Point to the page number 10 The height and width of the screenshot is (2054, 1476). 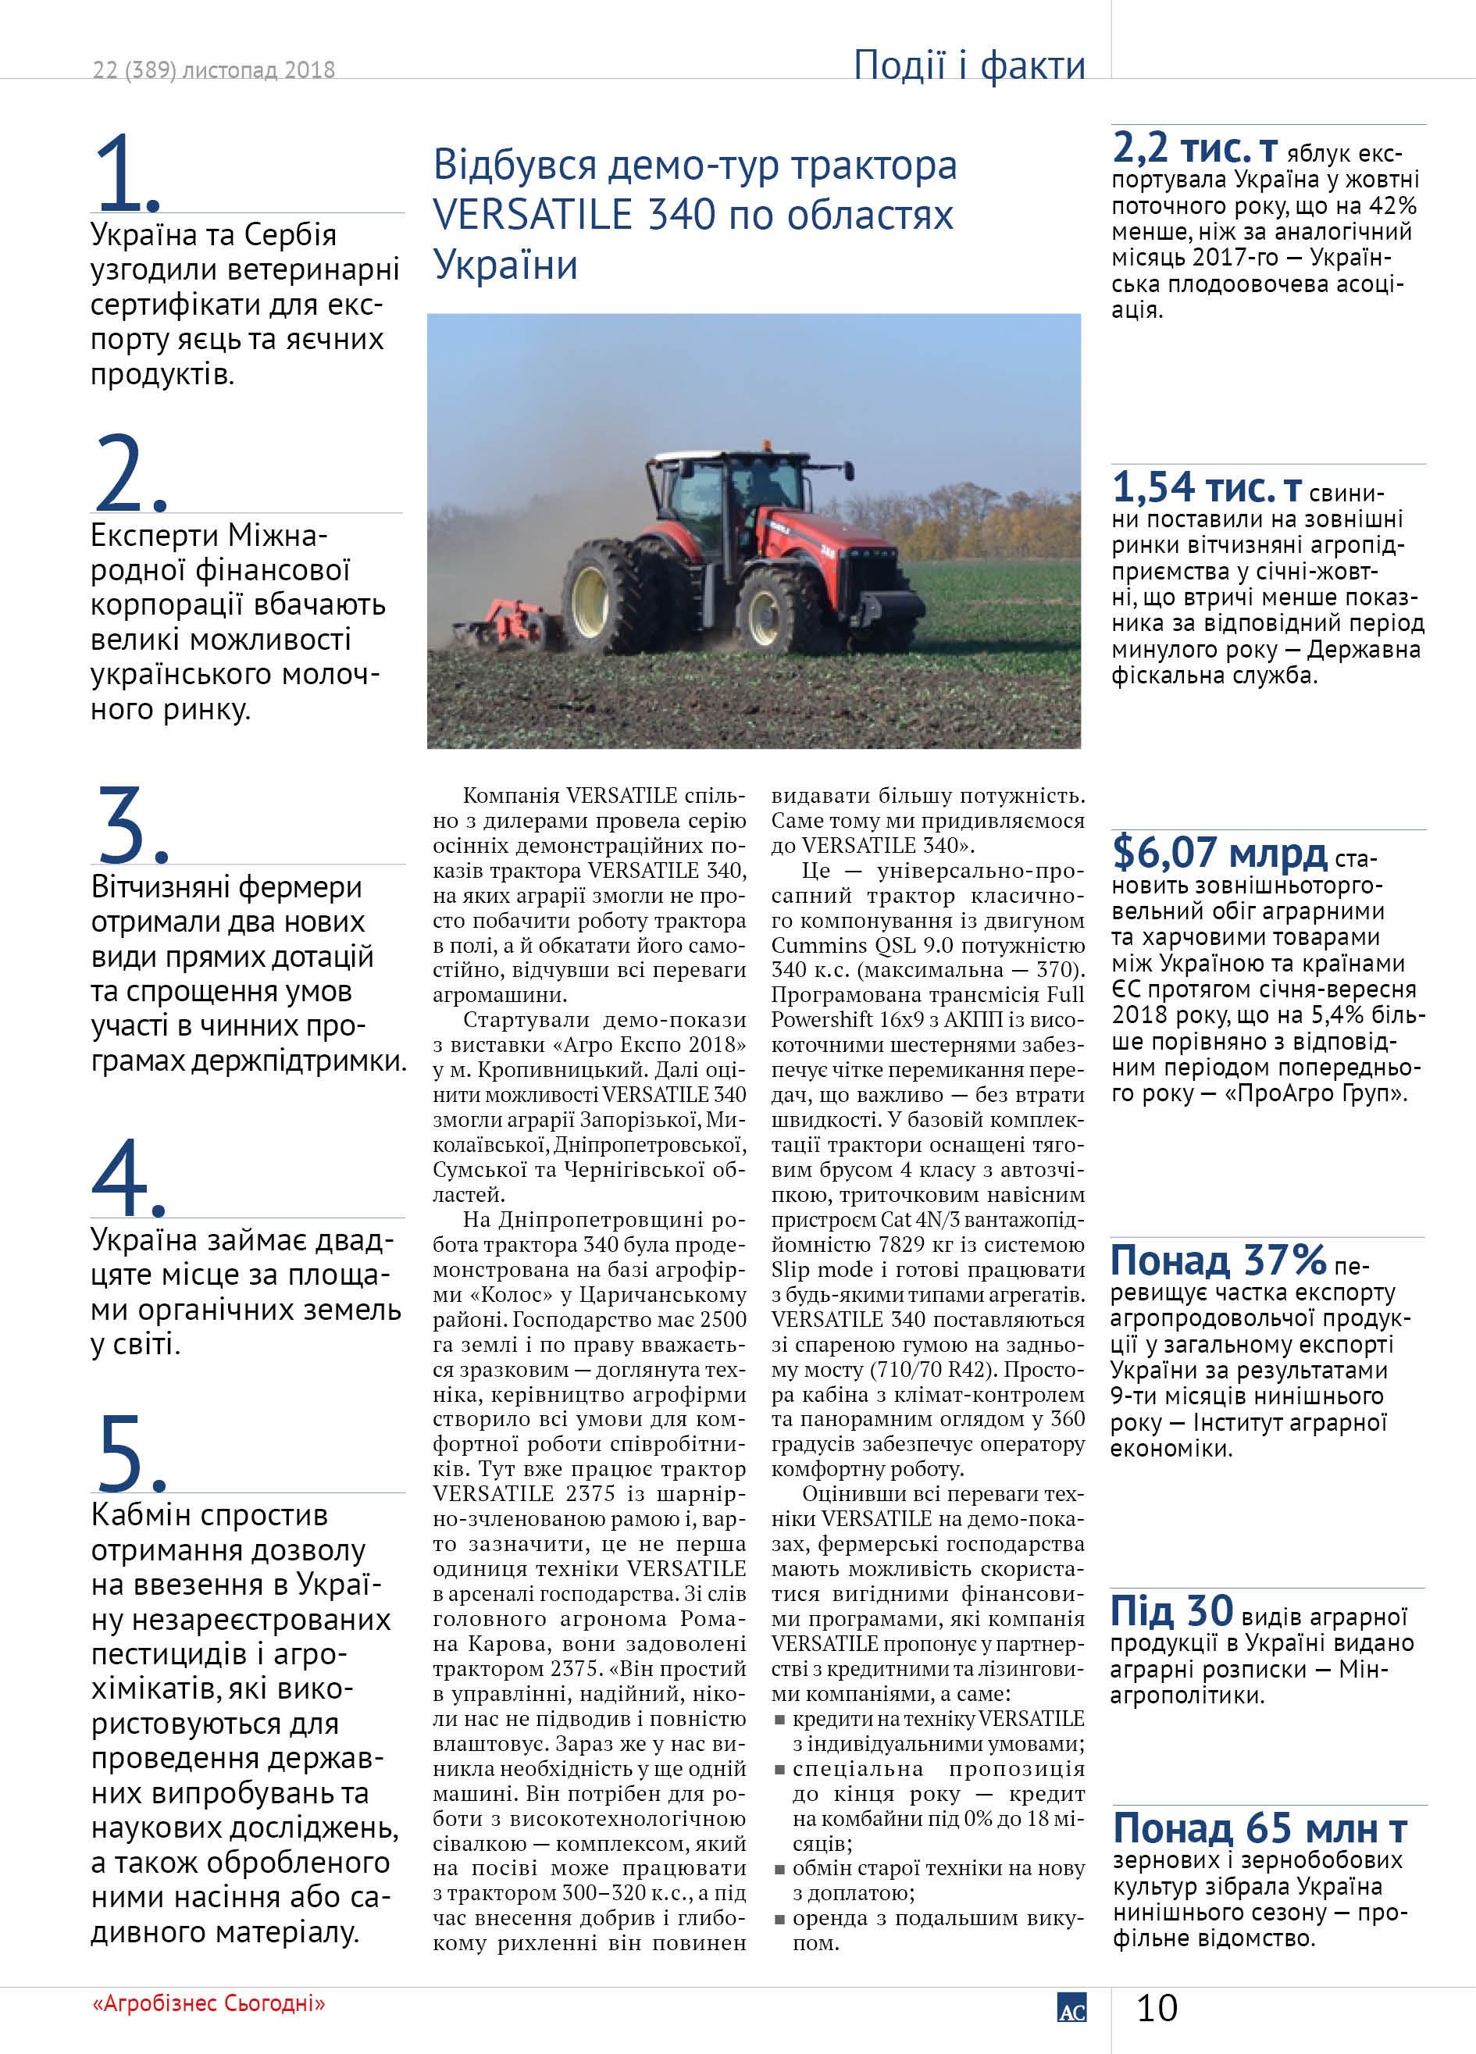coord(1157,2009)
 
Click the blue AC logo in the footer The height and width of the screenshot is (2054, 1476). coord(1071,2009)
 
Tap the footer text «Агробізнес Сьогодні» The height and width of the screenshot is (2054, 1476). coord(209,2003)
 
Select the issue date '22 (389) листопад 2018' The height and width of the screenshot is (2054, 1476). coord(214,70)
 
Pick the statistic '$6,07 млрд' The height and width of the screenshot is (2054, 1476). coord(1218,852)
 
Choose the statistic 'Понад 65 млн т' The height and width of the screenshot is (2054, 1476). coord(1259,1828)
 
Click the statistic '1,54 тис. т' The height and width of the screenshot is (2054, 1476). coord(1205,488)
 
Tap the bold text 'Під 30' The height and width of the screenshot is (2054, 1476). coord(1171,1611)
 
